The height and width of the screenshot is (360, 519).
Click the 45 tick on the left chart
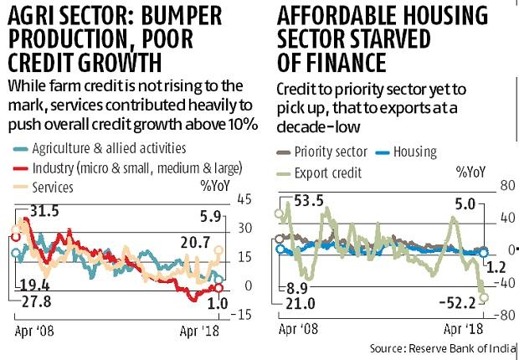(245, 199)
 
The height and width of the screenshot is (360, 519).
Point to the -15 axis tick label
(242, 314)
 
